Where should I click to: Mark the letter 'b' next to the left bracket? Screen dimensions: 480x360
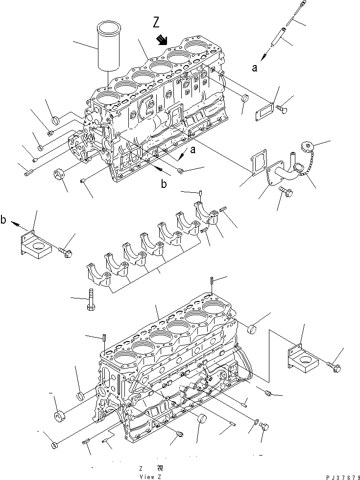click(4, 221)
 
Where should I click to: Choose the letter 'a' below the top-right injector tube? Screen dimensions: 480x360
click(254, 69)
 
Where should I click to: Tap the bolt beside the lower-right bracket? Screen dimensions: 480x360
click(335, 366)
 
